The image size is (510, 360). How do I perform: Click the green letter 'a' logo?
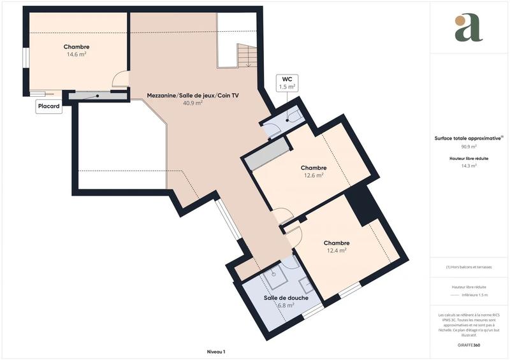click(469, 28)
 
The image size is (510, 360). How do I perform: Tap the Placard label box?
click(49, 107)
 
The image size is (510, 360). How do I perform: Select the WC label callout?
click(287, 82)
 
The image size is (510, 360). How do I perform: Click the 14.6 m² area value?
click(76, 55)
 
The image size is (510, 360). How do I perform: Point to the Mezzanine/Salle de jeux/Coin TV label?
click(184, 95)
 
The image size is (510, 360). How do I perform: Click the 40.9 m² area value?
click(193, 103)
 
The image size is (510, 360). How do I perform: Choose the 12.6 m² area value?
click(314, 176)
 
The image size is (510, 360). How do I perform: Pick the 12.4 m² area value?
click(336, 251)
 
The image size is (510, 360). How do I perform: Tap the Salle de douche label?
click(286, 298)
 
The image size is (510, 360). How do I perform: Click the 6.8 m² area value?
click(286, 305)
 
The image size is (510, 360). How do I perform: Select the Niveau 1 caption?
click(216, 351)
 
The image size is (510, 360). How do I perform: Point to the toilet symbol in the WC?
click(293, 116)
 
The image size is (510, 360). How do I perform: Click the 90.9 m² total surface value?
click(469, 146)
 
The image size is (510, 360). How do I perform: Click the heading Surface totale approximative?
click(468, 138)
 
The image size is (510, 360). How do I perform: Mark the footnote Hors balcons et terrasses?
click(469, 267)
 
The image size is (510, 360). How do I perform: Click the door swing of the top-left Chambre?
click(120, 79)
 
